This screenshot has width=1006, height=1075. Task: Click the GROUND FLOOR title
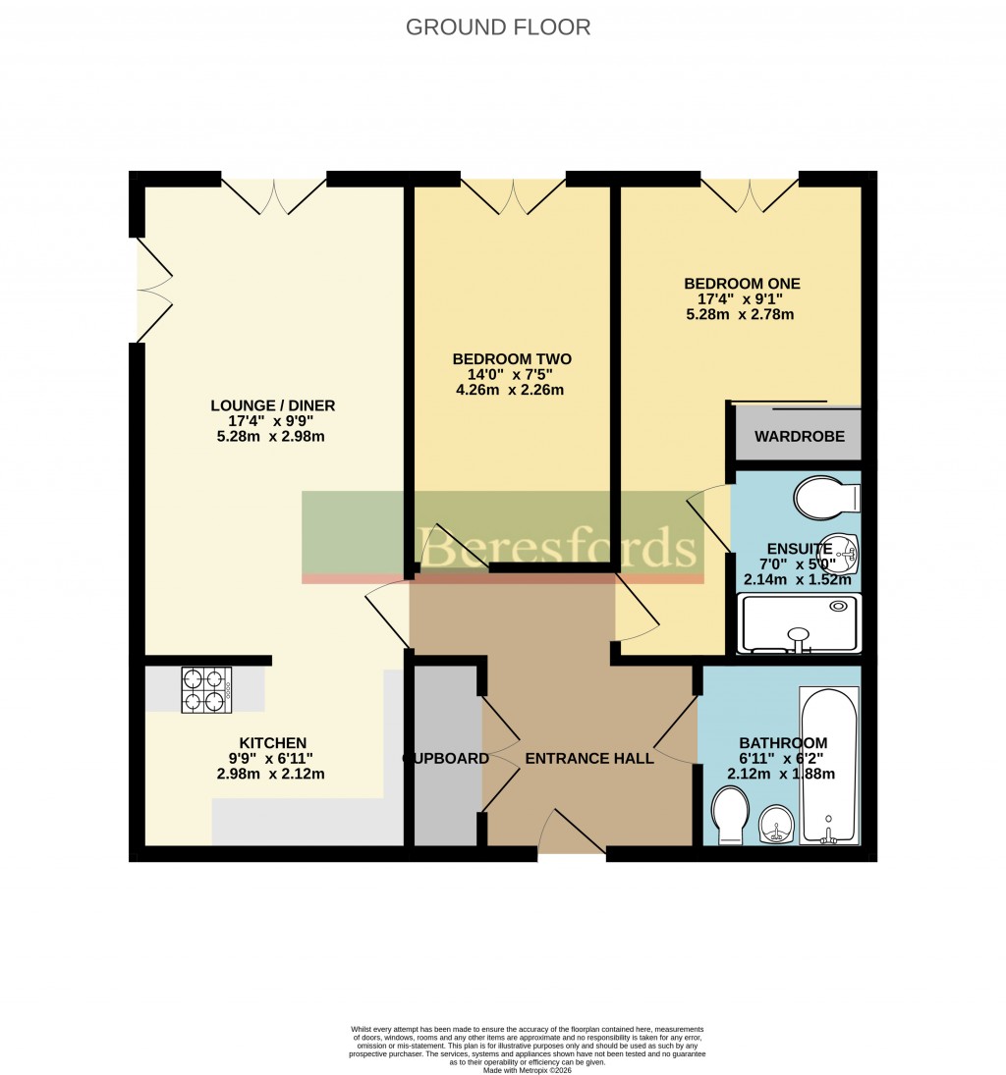pos(498,27)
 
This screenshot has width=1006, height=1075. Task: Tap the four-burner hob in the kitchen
pos(206,689)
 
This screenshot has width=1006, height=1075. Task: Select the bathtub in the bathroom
pos(829,766)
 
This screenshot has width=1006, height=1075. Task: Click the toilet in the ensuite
pos(823,498)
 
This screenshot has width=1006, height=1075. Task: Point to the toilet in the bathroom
pos(730,819)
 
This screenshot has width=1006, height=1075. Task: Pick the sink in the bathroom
pos(776,823)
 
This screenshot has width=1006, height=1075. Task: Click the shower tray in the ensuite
pos(800,623)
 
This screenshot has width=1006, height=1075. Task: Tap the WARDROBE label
pos(799,437)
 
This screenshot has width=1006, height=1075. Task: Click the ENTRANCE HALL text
pos(589,759)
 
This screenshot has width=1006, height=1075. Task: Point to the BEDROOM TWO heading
pos(511,359)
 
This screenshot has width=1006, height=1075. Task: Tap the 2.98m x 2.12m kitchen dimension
pos(272,774)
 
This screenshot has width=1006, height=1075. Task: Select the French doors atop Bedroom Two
pos(513,195)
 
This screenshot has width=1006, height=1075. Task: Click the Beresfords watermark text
pos(558,546)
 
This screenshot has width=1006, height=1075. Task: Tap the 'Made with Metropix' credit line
pos(527,1070)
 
